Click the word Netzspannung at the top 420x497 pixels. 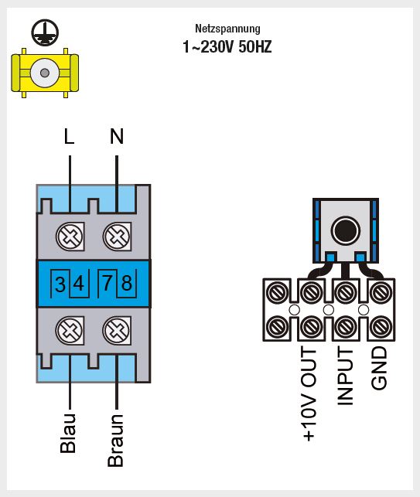[227, 29]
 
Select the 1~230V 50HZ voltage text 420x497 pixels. [227, 46]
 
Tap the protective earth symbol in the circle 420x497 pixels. [45, 32]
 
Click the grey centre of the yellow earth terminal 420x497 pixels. [45, 73]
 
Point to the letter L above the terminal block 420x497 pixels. [69, 136]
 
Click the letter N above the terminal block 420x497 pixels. [117, 136]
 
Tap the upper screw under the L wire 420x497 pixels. [70, 237]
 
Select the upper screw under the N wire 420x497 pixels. [117, 237]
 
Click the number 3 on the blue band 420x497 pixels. [60, 284]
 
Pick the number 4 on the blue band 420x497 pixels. [79, 283]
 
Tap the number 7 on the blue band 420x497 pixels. [108, 283]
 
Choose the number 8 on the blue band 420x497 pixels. [127, 283]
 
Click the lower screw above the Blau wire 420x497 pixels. [70, 330]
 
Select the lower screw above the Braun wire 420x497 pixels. [117, 330]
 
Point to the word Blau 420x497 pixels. [68, 433]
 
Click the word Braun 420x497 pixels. [115, 441]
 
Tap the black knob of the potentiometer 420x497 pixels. [346, 230]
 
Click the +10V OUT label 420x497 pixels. [309, 393]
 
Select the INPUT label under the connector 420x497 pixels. [345, 376]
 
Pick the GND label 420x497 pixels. [379, 368]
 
